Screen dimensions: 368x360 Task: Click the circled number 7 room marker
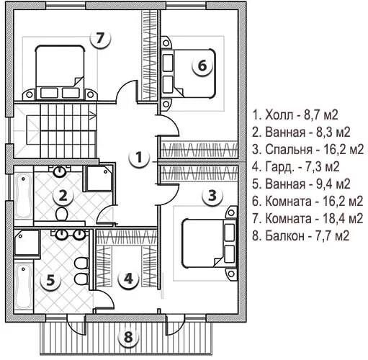(x=100, y=38)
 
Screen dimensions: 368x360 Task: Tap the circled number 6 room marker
(x=202, y=66)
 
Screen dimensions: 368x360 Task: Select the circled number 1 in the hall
(x=139, y=158)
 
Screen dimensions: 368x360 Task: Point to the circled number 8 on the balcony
(x=128, y=336)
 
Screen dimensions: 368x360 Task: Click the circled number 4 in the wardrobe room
(x=128, y=279)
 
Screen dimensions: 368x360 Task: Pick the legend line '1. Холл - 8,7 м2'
(x=295, y=115)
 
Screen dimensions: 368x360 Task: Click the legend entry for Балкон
(x=300, y=236)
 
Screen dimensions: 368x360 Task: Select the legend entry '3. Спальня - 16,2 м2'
(x=308, y=150)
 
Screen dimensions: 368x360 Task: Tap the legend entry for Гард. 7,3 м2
(x=296, y=167)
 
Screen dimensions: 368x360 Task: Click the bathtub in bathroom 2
(x=23, y=197)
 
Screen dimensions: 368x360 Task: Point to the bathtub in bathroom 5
(x=24, y=287)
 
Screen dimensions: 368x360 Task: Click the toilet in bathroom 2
(x=62, y=214)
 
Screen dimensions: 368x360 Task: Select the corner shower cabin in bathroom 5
(x=27, y=243)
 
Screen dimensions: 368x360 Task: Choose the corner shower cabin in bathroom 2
(x=99, y=179)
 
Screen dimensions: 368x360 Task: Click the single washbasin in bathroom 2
(x=59, y=171)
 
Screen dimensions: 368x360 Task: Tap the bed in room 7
(x=60, y=72)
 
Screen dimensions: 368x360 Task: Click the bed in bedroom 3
(x=208, y=243)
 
